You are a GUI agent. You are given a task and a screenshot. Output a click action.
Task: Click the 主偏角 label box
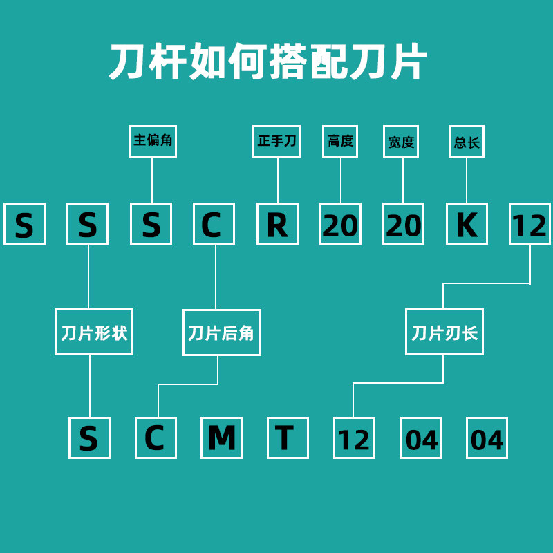(152, 141)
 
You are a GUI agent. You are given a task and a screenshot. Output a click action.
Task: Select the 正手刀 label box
(276, 141)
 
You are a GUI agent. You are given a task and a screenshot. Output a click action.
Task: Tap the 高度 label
(340, 141)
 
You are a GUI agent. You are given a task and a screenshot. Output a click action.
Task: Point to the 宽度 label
(401, 141)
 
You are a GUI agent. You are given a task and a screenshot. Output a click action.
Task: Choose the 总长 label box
(466, 141)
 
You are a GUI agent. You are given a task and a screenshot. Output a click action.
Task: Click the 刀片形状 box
(94, 332)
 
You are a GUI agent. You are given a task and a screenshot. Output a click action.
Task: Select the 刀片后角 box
(222, 332)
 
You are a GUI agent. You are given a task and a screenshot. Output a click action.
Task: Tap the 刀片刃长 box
(444, 332)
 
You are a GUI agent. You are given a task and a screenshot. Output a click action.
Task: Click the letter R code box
(277, 223)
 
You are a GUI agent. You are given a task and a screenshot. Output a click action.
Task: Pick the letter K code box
(467, 223)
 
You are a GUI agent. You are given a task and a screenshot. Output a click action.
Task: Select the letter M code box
(221, 438)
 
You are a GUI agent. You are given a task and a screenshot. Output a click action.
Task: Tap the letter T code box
(288, 438)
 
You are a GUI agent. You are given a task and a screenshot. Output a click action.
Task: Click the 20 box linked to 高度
(340, 223)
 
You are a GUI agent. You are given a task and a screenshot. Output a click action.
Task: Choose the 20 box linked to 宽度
(403, 223)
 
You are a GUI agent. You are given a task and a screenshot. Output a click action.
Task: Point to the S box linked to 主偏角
(151, 223)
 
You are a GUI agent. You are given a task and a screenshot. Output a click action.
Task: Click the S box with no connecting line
(24, 223)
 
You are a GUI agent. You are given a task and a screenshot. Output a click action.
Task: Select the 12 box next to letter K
(529, 223)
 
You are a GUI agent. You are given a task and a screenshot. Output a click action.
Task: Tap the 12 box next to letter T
(354, 438)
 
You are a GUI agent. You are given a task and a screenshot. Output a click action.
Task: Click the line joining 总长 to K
(467, 180)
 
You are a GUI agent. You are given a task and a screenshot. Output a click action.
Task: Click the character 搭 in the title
(288, 62)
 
